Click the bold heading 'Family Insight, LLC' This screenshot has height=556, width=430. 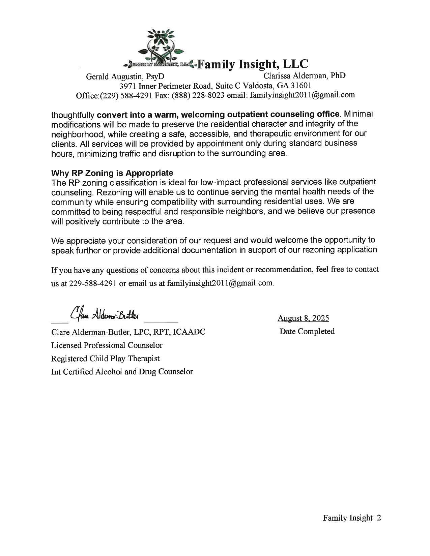point(253,64)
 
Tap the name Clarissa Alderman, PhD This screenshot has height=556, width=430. point(305,75)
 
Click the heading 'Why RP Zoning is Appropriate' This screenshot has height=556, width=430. point(112,173)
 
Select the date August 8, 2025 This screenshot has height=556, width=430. point(303,318)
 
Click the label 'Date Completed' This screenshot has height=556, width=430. point(307,331)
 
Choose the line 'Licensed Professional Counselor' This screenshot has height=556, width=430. point(107,345)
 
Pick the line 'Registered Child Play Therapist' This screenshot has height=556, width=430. point(105,359)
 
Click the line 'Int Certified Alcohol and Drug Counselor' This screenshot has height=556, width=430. point(122,372)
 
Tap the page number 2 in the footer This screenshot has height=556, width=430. point(378,518)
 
